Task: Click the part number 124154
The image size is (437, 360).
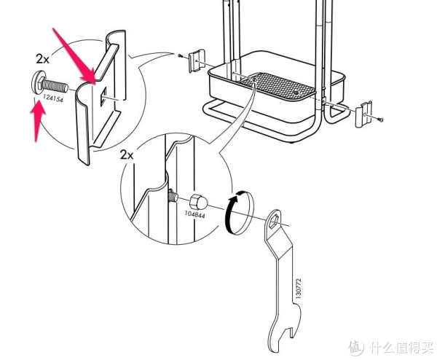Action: tap(52, 98)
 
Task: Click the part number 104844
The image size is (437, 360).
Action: tap(194, 215)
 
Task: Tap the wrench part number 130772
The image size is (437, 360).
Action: tap(299, 289)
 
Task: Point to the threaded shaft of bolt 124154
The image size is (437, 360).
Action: tap(55, 85)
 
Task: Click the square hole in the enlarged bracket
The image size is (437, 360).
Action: tap(103, 96)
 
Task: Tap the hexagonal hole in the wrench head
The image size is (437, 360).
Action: tap(273, 219)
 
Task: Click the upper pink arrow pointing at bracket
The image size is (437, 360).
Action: tap(75, 57)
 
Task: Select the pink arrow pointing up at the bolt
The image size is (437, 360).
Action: tap(37, 120)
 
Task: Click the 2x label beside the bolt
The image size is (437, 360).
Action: tap(42, 59)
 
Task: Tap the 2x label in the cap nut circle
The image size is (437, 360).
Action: tap(127, 154)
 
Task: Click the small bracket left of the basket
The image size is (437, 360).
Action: tap(197, 60)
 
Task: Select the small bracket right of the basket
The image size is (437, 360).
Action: tap(363, 114)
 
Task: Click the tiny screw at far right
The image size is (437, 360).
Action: tap(380, 120)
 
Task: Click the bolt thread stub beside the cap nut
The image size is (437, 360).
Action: tap(173, 195)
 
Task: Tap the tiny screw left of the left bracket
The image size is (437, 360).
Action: tap(180, 56)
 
